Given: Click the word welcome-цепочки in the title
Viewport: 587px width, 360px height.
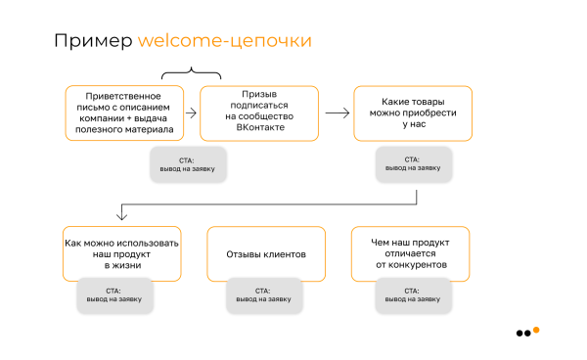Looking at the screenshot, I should [225, 41].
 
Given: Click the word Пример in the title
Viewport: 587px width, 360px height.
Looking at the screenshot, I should [94, 41].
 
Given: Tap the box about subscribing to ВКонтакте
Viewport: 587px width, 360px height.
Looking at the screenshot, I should [260, 112].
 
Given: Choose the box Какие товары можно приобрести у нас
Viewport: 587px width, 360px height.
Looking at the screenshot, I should [412, 112].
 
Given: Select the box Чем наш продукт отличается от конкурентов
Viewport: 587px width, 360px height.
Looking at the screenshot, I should [410, 254].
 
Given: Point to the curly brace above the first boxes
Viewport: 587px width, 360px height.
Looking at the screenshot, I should [192, 72].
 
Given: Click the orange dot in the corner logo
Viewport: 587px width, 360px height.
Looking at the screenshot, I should [537, 330].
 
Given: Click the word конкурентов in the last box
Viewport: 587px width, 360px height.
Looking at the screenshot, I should [411, 266].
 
